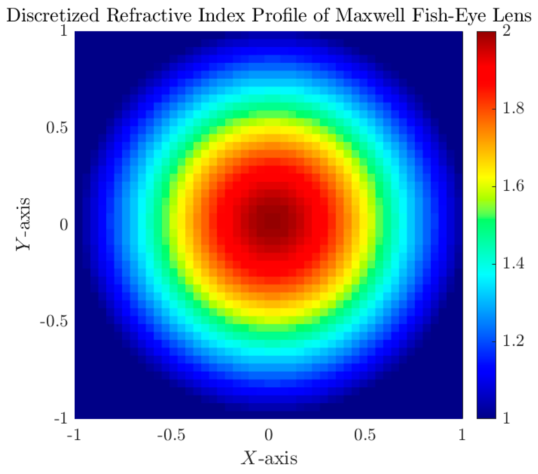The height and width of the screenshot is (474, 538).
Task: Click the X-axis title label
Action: coord(269,458)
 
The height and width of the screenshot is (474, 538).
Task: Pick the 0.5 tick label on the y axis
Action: coord(57,128)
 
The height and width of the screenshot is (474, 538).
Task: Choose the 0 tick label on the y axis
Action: coord(64,225)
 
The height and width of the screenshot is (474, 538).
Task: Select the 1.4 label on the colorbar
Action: coord(513,263)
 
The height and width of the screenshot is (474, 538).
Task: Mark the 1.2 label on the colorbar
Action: coord(513,341)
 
